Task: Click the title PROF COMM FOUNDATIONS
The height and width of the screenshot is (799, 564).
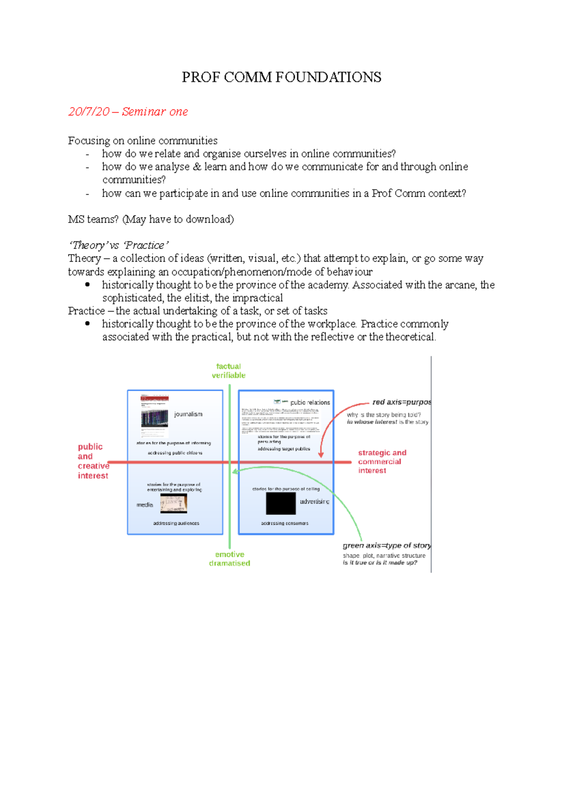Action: (x=281, y=77)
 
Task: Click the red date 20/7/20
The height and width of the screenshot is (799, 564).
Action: (x=89, y=112)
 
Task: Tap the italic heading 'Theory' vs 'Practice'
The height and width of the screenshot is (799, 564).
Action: (x=118, y=245)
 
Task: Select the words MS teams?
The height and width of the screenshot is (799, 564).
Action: (x=93, y=219)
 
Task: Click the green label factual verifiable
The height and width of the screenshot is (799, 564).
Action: (x=228, y=371)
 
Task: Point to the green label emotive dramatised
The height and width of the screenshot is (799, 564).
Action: (x=229, y=559)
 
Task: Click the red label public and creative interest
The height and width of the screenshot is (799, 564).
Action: (x=93, y=461)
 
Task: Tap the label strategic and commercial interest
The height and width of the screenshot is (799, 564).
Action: (x=382, y=461)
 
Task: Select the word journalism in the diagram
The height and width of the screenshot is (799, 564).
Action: (x=188, y=414)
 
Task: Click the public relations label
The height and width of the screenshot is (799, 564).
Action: (x=310, y=402)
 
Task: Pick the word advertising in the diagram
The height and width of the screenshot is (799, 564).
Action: (x=314, y=502)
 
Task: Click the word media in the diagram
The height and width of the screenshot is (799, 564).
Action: (x=145, y=505)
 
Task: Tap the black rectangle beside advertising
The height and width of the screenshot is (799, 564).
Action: (x=281, y=504)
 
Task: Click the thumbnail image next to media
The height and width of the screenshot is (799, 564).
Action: (x=173, y=503)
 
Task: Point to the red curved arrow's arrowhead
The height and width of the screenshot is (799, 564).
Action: (x=321, y=455)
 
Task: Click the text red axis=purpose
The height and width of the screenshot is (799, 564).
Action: (x=401, y=402)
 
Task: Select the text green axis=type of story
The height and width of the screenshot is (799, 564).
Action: (x=386, y=545)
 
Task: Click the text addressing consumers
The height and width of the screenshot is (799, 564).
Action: (x=285, y=523)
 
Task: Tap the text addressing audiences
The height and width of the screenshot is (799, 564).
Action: (x=176, y=523)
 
